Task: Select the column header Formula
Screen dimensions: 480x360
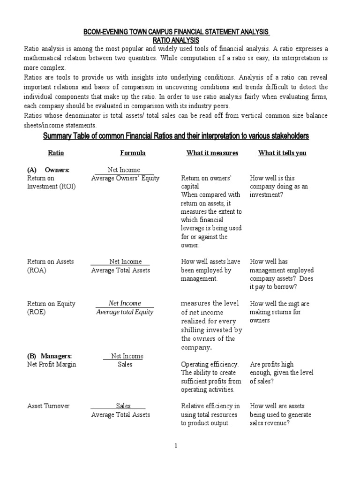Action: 133,153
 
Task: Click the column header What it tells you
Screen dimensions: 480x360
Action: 282,153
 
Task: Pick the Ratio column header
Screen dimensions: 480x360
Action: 56,153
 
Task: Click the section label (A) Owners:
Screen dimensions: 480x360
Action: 48,170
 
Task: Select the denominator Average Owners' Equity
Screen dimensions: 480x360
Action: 125,178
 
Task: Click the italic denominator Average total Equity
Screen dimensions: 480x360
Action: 125,312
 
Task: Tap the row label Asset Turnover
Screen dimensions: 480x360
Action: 48,406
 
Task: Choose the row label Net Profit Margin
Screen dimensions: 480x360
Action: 52,364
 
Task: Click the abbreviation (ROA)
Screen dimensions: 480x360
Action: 37,270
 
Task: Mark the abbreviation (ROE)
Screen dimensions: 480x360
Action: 37,312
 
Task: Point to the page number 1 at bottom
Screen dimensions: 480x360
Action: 176,446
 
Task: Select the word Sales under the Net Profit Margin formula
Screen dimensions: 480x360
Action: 125,364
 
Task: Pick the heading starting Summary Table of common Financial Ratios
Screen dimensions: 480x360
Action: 176,136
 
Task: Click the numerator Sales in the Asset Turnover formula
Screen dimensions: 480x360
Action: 123,406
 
